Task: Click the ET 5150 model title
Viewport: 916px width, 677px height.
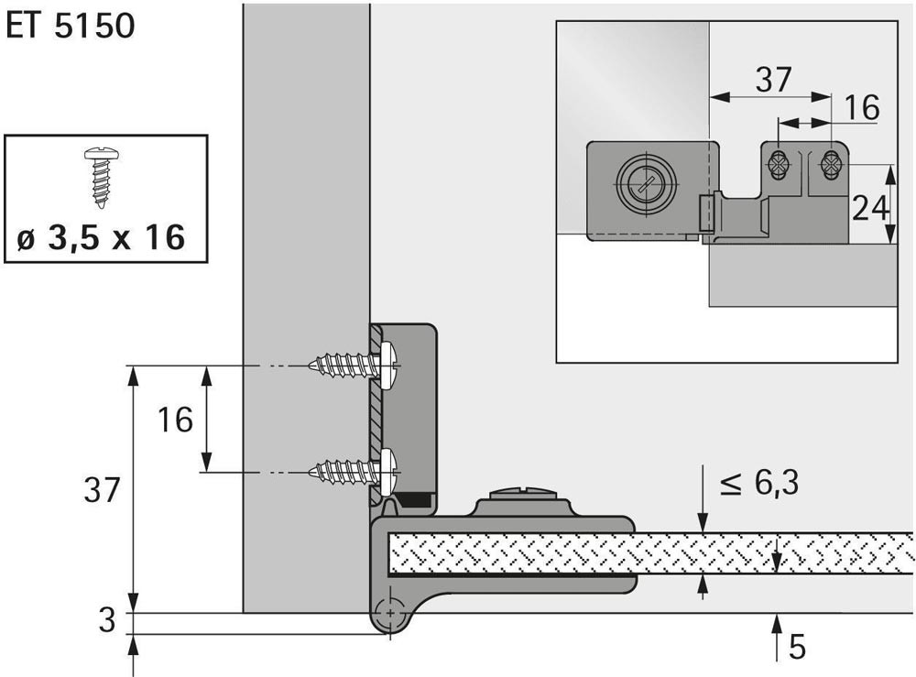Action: click(x=71, y=26)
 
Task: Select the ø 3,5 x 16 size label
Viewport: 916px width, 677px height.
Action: click(x=102, y=238)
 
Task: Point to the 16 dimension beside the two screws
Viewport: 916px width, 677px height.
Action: click(x=175, y=420)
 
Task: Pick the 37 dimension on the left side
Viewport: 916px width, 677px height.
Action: click(x=101, y=490)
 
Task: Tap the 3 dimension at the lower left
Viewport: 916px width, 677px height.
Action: click(x=107, y=621)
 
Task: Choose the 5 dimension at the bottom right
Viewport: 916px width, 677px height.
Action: click(x=797, y=647)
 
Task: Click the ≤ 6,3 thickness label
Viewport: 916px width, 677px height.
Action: click(x=759, y=482)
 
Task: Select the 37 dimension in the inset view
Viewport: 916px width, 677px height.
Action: click(x=773, y=81)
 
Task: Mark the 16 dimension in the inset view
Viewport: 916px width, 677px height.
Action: click(x=861, y=108)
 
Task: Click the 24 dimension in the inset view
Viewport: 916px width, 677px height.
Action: click(x=870, y=208)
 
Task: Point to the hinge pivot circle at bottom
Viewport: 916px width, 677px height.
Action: click(x=391, y=614)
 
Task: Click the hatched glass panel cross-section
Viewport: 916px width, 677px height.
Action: click(x=641, y=553)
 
